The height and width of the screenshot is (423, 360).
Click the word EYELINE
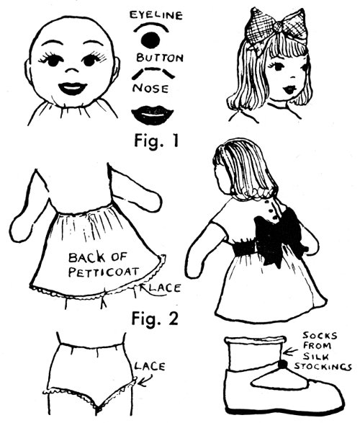156,15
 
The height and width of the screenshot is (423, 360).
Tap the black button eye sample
150,40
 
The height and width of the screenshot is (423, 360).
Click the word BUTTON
160,58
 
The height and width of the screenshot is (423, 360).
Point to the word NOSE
150,88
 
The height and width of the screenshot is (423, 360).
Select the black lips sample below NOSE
152,115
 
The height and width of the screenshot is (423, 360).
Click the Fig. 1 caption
156,141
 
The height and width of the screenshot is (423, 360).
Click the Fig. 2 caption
155,319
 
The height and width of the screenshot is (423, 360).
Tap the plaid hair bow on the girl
277,27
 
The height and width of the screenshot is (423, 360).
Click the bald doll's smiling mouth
73,88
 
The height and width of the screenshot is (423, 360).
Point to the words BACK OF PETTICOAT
104,264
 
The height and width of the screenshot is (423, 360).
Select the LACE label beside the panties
150,366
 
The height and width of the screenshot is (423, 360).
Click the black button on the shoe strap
283,365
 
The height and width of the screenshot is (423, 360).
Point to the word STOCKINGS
323,367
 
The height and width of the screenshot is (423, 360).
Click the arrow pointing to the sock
291,352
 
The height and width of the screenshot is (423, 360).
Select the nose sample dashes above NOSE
153,73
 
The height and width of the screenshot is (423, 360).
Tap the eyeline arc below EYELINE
151,26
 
